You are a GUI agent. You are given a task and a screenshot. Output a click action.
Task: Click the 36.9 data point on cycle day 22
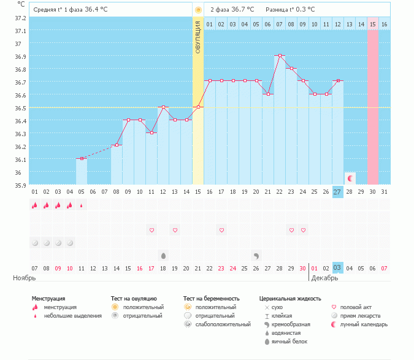pyautogui.click(x=280, y=55)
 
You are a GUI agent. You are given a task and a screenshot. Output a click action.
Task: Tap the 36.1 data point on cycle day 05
pyautogui.click(x=82, y=158)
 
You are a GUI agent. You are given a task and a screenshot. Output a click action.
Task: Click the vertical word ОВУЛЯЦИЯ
pyautogui.click(x=197, y=37)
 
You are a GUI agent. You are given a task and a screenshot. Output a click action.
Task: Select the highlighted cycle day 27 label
pyautogui.click(x=337, y=191)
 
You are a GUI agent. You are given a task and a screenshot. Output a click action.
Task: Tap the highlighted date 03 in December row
pyautogui.click(x=337, y=268)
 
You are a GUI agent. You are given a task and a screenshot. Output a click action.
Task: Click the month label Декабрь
pyautogui.click(x=324, y=278)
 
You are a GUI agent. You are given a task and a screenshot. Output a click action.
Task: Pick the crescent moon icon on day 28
pyautogui.click(x=350, y=178)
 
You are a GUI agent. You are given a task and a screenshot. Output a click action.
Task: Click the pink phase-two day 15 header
pyautogui.click(x=372, y=24)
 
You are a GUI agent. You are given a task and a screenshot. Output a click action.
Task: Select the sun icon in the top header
pyautogui.click(x=197, y=10)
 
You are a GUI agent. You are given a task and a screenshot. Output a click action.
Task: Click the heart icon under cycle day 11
pyautogui.click(x=151, y=230)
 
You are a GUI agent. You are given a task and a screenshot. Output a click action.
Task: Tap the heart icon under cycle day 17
pyautogui.click(x=221, y=230)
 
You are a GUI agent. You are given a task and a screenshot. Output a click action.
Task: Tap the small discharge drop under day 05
pyautogui.click(x=82, y=205)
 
